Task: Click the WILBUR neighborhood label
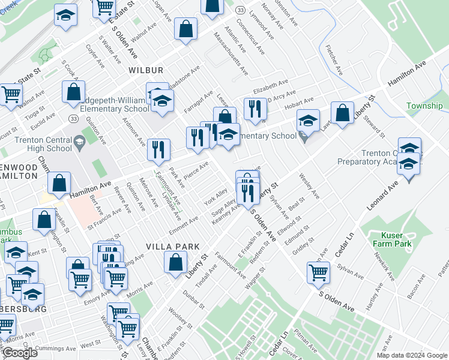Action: coord(145,70)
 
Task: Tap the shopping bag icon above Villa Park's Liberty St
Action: coord(175,262)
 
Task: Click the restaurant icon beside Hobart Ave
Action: coord(255,109)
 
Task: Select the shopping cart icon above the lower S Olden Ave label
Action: coord(318,272)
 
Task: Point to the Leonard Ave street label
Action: coord(383,193)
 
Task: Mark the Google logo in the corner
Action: coord(19,353)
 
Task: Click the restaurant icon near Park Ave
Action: coord(158,149)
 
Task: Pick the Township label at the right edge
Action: coord(424,106)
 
